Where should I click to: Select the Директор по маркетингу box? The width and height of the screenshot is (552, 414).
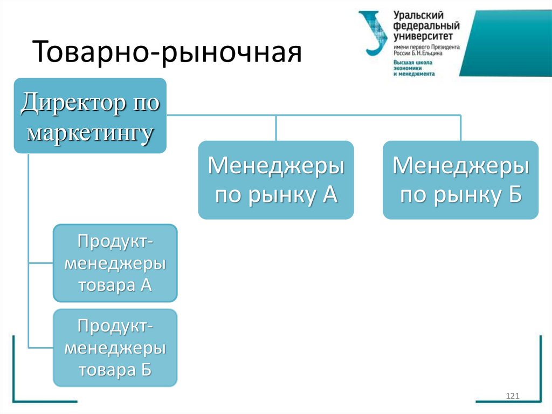coord(90,116)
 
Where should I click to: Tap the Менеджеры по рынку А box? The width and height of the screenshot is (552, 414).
coord(276,180)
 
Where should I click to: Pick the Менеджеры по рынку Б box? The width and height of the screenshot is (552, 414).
coord(460,180)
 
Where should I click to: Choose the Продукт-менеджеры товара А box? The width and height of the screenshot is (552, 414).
coord(115,262)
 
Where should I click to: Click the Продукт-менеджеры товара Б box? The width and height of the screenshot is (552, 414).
coord(115,348)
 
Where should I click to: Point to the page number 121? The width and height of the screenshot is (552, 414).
coord(512,397)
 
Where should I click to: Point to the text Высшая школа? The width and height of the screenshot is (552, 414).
coord(413,63)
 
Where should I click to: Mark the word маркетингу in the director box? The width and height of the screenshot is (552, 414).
coord(90,131)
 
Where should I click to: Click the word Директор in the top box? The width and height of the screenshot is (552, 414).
coord(66,102)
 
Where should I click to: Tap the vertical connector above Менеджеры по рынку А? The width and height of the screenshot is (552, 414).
coord(276,128)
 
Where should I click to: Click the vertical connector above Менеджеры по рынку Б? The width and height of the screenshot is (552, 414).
coord(460,128)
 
